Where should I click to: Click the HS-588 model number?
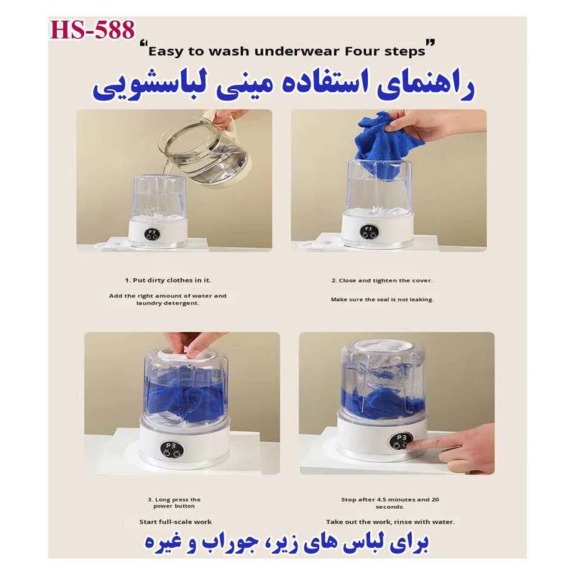pos(92,29)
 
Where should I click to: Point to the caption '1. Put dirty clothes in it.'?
pos(168,280)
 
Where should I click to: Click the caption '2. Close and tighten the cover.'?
pos(382,280)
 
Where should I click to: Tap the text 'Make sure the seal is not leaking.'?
pos(382,300)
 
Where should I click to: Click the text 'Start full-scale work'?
pos(175,522)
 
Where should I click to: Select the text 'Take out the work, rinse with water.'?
pos(390,522)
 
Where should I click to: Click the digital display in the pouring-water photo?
pos(152,234)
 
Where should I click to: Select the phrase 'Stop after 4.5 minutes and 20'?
pos(390,500)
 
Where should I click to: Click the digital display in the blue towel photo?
pos(369,232)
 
